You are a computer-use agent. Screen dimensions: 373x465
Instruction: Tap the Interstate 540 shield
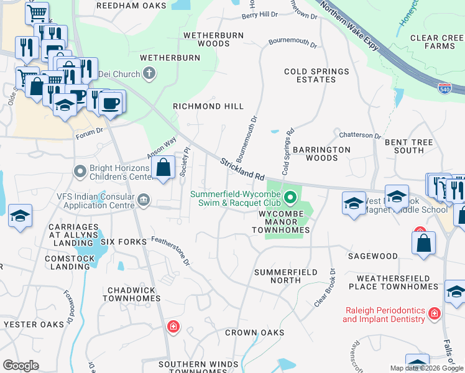[444, 89]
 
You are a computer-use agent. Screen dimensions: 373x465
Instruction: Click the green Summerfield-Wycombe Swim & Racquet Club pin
[290, 200]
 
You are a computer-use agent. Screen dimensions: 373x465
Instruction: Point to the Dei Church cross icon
[149, 75]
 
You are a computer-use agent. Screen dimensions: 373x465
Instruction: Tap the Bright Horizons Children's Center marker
[80, 170]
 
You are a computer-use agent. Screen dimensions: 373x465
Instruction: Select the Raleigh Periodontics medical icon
[435, 315]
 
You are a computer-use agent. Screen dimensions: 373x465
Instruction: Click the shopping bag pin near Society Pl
[163, 168]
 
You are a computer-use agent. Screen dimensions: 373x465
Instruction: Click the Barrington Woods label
[321, 154]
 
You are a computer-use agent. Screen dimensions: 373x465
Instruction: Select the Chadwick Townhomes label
[134, 294]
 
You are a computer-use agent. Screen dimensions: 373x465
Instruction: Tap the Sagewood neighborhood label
[372, 256]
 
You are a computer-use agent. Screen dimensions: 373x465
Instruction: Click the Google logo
[21, 366]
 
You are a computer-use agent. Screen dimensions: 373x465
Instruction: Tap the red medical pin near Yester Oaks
[173, 326]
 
